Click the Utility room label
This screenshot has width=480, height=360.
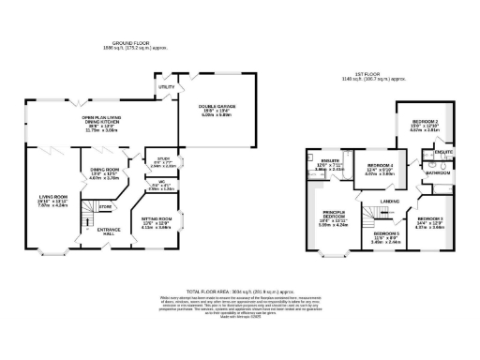167,87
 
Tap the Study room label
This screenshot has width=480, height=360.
163,160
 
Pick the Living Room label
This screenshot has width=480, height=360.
48,199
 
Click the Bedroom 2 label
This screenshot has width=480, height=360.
423,121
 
